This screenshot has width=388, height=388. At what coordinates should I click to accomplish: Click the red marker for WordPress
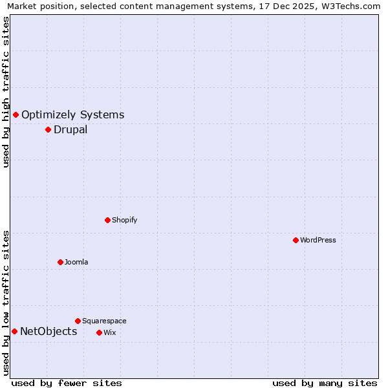(296, 240)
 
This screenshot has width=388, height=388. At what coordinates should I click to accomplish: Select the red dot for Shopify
(107, 220)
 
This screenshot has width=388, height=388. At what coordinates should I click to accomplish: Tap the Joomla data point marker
(60, 262)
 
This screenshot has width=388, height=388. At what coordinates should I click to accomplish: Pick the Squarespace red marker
(78, 321)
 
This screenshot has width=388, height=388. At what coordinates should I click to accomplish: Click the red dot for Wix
(99, 332)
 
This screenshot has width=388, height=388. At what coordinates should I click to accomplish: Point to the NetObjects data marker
(14, 331)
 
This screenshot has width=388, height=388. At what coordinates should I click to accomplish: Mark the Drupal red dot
(48, 129)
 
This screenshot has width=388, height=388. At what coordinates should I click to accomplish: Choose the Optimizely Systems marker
(16, 114)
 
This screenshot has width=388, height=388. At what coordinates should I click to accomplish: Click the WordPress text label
(318, 240)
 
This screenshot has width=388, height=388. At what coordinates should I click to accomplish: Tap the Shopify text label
(124, 220)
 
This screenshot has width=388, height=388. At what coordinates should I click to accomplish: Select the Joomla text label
(76, 262)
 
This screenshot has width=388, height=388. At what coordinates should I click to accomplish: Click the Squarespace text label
(104, 321)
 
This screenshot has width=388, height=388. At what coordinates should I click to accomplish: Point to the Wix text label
(109, 332)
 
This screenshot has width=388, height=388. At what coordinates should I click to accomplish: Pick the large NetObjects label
(48, 332)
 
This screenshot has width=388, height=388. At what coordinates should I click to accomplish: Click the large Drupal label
(70, 129)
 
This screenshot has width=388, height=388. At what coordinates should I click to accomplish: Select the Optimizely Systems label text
(72, 115)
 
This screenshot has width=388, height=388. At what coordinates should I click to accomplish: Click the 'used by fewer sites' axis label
(67, 383)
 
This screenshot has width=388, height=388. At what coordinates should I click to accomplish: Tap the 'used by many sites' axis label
(325, 383)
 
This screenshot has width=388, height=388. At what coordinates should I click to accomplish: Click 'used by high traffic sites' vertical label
(6, 92)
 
